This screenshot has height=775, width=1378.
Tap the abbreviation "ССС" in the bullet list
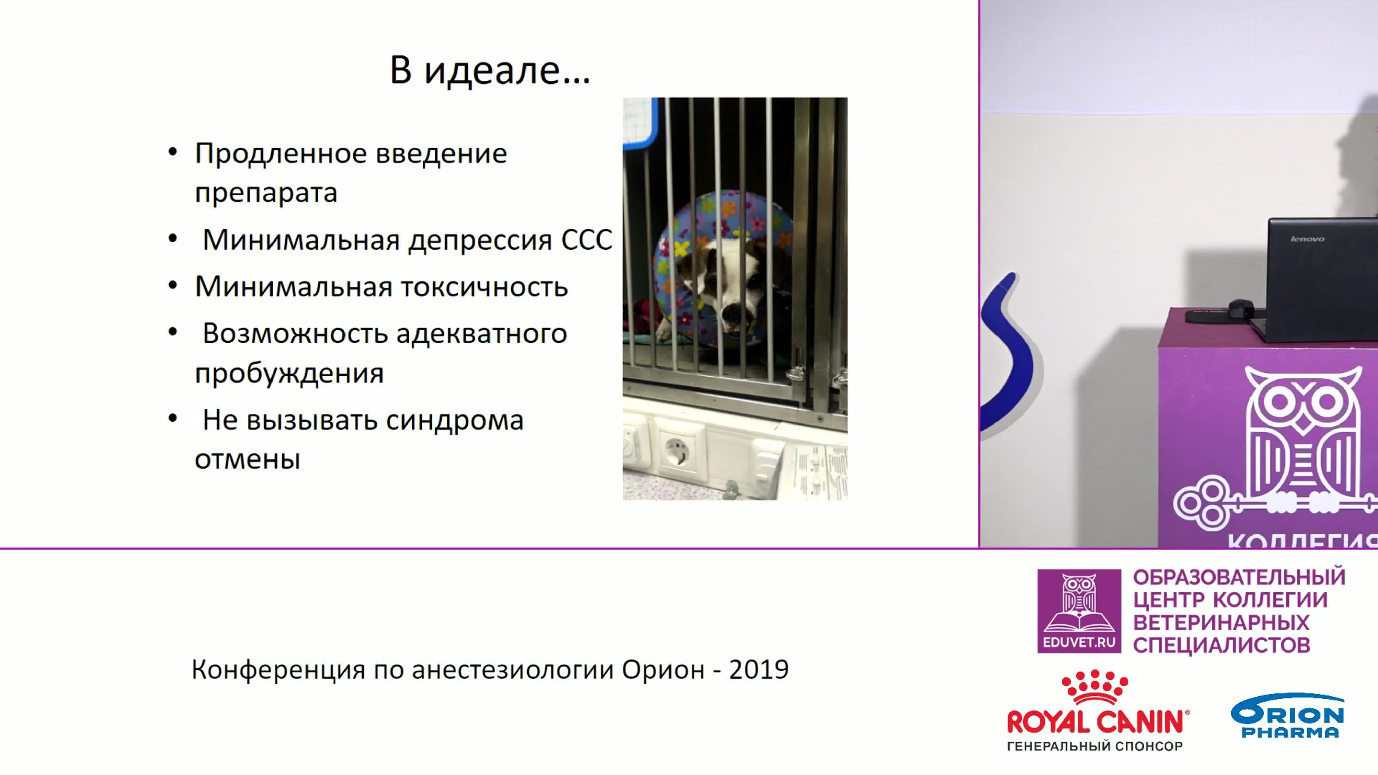(586, 239)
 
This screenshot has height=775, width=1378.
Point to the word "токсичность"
(484, 287)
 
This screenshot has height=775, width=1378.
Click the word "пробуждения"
(289, 373)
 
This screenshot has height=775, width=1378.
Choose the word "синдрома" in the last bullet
(455, 420)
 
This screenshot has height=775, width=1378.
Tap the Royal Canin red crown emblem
(1094, 687)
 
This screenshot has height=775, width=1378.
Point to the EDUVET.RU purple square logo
(1079, 611)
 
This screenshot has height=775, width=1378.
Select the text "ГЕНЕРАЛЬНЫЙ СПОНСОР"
(1094, 746)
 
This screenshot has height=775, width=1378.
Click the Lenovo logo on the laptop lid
(1307, 239)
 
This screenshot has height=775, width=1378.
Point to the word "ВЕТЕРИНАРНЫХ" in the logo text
(1221, 623)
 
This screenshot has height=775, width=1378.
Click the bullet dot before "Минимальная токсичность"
(172, 285)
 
